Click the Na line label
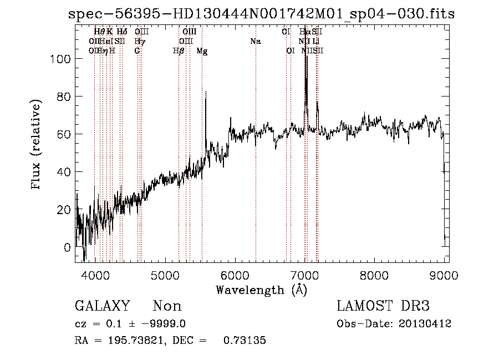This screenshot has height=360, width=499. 256,42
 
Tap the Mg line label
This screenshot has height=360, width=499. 202,51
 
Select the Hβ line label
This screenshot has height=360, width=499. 179,51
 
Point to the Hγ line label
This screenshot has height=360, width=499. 140,42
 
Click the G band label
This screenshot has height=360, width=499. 137,51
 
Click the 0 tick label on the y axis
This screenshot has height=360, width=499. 68,247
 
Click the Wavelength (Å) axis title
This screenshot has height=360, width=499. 261,290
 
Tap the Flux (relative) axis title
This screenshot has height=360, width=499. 37,145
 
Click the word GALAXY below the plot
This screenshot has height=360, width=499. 102,306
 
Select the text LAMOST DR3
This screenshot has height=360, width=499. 383,306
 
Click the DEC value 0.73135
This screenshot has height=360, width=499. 244,341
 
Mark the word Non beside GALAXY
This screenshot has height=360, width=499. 167,306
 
